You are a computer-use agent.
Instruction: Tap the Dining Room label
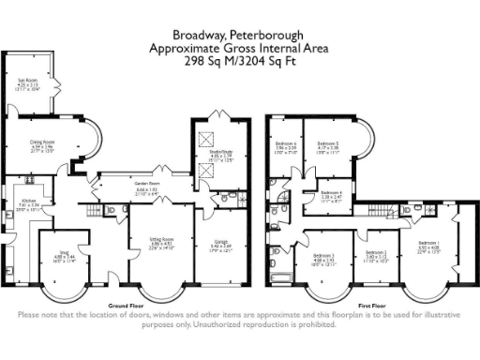[x=42, y=143]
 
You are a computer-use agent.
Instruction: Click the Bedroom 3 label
[x=323, y=255]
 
